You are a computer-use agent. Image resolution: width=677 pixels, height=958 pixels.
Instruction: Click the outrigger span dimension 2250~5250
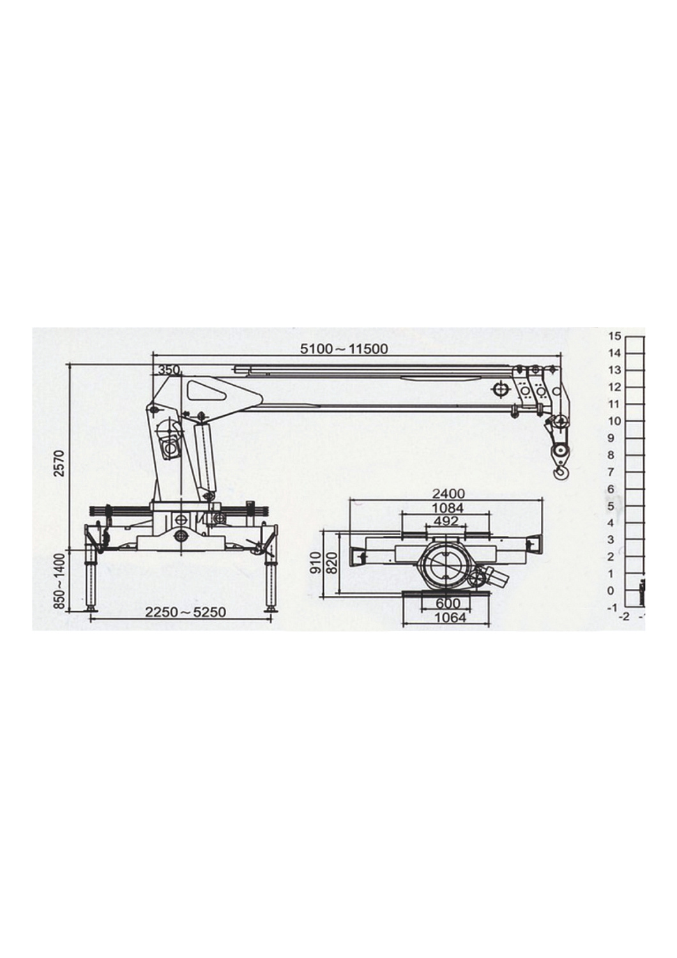click(x=185, y=612)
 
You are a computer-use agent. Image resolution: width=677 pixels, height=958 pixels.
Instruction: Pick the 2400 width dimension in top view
click(x=449, y=494)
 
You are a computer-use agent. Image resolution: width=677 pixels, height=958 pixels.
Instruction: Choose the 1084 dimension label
click(x=448, y=508)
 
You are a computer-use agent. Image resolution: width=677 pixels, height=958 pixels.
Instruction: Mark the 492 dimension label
click(x=446, y=521)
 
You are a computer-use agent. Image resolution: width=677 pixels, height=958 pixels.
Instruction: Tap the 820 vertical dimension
click(x=331, y=561)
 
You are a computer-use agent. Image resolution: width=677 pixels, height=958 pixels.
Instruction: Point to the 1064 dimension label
click(x=449, y=618)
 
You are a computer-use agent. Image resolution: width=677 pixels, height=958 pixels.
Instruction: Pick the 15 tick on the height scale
click(x=614, y=336)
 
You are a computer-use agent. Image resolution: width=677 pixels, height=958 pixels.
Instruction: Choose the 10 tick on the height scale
click(x=614, y=421)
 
